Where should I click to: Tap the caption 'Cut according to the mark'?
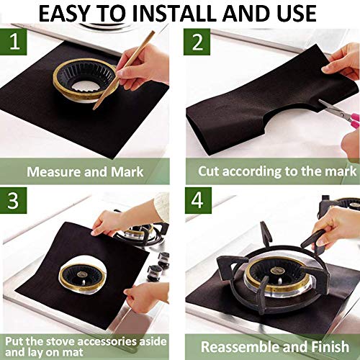(x=278, y=172)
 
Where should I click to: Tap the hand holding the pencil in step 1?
(x=144, y=65)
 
